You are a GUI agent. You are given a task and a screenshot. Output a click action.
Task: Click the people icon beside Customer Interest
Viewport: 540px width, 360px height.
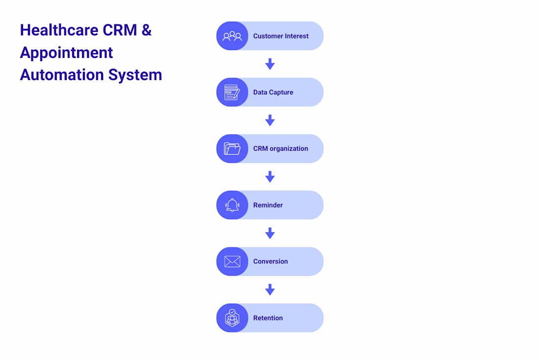pyautogui.click(x=232, y=36)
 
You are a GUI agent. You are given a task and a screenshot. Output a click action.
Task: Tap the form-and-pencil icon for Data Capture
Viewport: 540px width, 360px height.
pyautogui.click(x=232, y=92)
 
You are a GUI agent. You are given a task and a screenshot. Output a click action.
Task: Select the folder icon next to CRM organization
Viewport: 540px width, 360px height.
pyautogui.click(x=232, y=148)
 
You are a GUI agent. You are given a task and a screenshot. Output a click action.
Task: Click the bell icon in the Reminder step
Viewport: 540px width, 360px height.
pyautogui.click(x=232, y=205)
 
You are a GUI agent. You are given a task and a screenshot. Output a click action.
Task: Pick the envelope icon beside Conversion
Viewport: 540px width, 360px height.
pyautogui.click(x=232, y=261)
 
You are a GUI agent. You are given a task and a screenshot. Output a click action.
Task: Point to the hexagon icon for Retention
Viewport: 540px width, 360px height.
pyautogui.click(x=232, y=318)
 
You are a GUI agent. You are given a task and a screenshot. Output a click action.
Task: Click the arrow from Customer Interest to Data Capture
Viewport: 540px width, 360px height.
pyautogui.click(x=270, y=64)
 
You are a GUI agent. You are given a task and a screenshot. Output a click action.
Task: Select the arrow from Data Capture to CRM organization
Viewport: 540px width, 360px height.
pyautogui.click(x=270, y=120)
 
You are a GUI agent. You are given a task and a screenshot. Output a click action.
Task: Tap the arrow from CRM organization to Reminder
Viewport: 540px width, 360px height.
pyautogui.click(x=270, y=177)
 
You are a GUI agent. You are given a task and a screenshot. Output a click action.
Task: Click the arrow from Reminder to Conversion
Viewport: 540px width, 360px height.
pyautogui.click(x=270, y=233)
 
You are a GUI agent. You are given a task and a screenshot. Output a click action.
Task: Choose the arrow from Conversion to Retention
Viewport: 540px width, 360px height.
pyautogui.click(x=270, y=290)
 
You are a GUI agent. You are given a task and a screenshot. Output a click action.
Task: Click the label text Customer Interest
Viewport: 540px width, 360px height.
pyautogui.click(x=281, y=36)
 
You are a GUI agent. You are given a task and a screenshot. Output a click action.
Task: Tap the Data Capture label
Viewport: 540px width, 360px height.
pyautogui.click(x=273, y=92)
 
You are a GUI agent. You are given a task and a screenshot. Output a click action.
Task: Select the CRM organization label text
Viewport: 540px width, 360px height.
pyautogui.click(x=281, y=149)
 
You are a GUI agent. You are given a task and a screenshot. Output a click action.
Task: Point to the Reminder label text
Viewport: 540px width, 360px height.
pyautogui.click(x=268, y=205)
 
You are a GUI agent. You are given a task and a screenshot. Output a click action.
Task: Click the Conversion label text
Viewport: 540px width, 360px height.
pyautogui.click(x=270, y=261)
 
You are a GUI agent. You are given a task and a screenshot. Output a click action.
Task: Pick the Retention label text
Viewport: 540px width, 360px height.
pyautogui.click(x=268, y=318)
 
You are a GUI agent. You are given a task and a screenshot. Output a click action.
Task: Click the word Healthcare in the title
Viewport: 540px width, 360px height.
pyautogui.click(x=59, y=30)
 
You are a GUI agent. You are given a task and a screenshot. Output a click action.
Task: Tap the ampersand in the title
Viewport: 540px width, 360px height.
pyautogui.click(x=146, y=30)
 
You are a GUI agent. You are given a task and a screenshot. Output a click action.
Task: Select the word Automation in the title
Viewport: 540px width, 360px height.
pyautogui.click(x=62, y=75)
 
